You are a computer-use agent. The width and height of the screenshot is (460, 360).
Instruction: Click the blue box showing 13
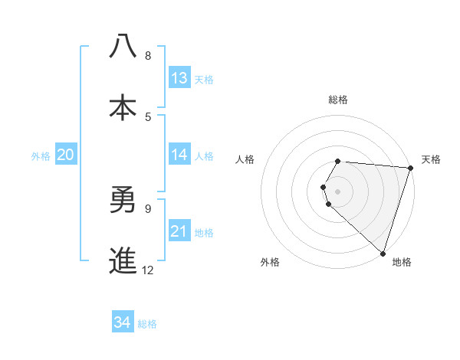pos(179,78)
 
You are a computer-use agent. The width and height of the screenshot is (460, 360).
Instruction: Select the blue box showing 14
pos(179,155)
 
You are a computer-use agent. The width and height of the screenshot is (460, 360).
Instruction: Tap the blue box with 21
pos(179,231)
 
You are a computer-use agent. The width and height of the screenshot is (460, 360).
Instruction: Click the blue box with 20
pos(65,155)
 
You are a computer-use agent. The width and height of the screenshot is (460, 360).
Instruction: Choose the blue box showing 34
pos(122,322)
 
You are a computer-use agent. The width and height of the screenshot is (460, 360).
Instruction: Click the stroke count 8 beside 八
pos(148,56)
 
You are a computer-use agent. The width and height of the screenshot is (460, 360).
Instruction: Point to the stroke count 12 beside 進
pos(148,270)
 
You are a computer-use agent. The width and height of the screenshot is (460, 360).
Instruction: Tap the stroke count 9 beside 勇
pos(148,208)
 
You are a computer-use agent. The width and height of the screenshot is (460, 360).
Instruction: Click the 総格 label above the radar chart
pos(338,100)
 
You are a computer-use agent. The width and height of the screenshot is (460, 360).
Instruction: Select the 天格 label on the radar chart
pos(431,159)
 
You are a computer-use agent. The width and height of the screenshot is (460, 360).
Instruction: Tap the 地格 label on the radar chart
pos(402,262)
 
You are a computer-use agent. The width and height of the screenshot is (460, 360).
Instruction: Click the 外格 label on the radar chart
pos(270,262)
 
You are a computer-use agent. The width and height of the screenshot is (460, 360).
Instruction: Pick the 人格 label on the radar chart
pos(245,159)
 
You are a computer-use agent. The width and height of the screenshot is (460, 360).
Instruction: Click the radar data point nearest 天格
pos(410,168)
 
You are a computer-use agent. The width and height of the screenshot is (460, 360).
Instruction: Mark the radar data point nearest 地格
pos(383,252)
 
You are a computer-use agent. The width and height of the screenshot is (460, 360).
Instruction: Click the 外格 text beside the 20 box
pos(41,155)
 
